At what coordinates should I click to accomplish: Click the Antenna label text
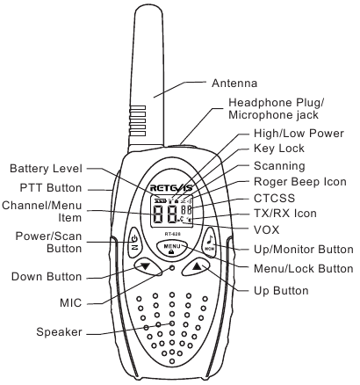235,84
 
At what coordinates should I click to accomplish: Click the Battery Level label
46,168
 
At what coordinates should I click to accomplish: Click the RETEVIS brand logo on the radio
172,186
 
